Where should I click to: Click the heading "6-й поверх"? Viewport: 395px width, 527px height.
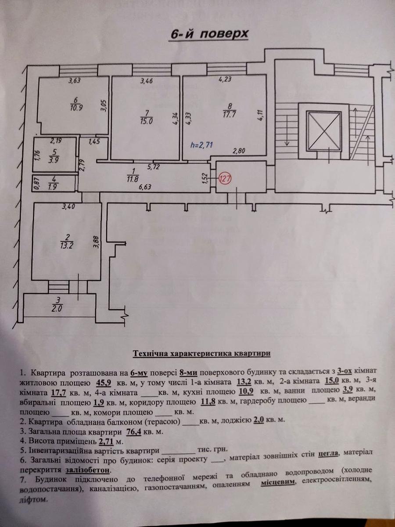(x=208, y=35)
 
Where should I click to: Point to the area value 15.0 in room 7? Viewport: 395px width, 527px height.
(x=147, y=122)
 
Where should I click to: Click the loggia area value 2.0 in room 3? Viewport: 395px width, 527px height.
(x=57, y=308)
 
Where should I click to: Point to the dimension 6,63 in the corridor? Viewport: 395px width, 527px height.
(x=146, y=187)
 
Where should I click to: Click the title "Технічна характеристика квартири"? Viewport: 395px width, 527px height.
(x=202, y=353)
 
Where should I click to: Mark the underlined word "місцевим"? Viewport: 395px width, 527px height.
(x=278, y=482)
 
